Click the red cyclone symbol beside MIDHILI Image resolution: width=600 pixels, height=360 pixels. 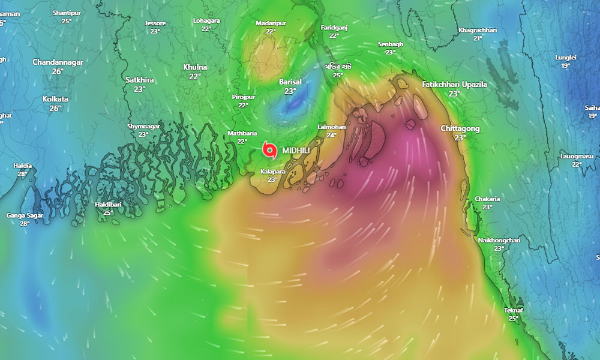[x=269, y=150]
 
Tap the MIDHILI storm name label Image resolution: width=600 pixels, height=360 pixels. [x=296, y=151]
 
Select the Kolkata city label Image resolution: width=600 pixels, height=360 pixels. [x=55, y=99]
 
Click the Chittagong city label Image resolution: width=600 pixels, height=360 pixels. [x=460, y=128]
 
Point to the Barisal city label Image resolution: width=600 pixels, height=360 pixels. [x=290, y=82]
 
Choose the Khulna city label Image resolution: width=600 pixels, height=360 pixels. [x=195, y=67]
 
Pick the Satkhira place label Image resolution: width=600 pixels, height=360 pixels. [x=140, y=80]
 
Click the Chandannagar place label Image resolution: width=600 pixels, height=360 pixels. [x=57, y=62]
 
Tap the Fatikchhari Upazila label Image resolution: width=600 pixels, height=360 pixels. [x=454, y=85]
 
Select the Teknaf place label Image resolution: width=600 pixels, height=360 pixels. [x=513, y=310]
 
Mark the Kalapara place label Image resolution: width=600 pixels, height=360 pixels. [x=272, y=172]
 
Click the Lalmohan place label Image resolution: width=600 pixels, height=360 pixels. [x=331, y=127]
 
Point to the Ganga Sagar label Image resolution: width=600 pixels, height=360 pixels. [x=25, y=215]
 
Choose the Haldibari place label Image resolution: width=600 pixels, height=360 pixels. [x=108, y=205]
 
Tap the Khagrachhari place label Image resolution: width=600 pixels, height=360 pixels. [x=478, y=30]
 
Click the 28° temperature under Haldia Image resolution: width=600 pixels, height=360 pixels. [x=23, y=174]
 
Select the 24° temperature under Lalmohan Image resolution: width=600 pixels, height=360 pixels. [x=331, y=135]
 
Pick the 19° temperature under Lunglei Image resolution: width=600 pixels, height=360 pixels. [x=566, y=65]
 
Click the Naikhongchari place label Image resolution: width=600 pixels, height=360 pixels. [x=499, y=240]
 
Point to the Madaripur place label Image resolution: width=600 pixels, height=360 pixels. [x=271, y=23]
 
